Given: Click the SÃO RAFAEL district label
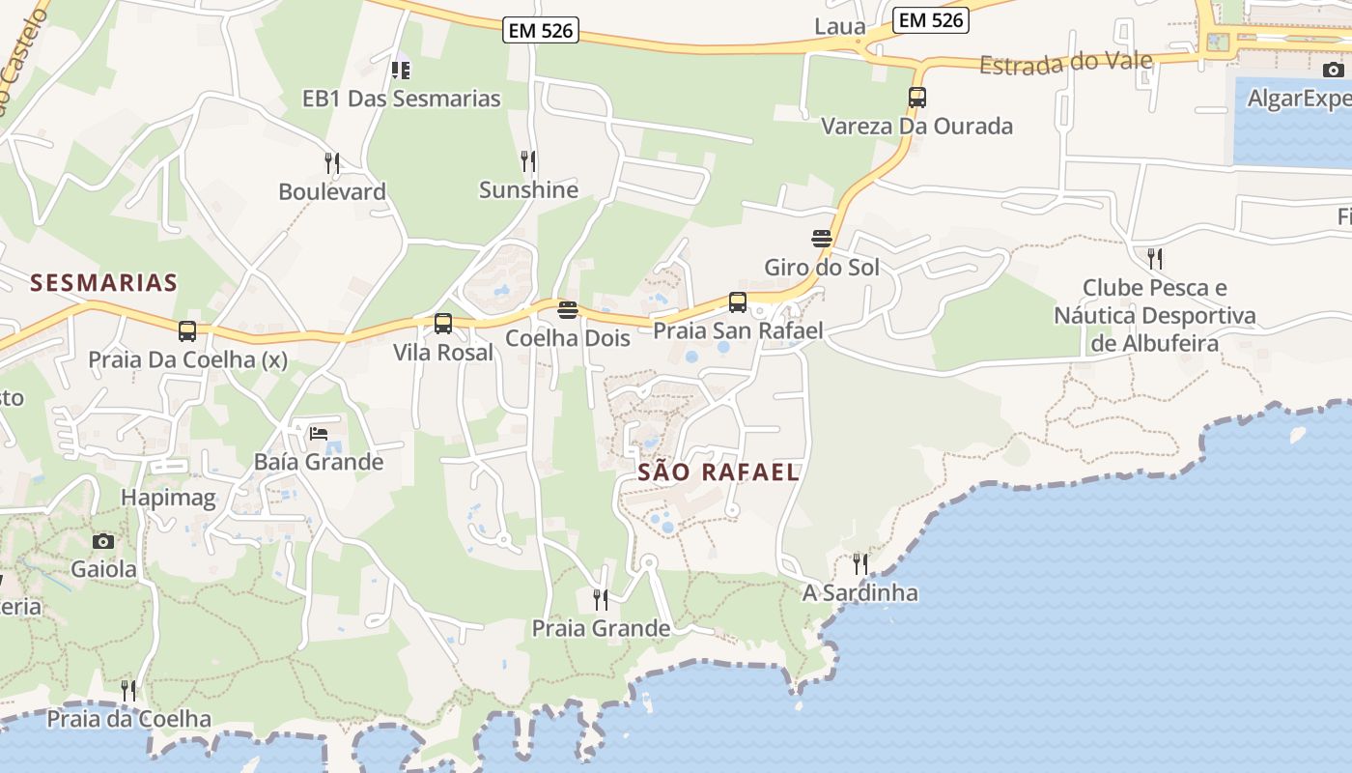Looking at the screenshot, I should click(x=718, y=472).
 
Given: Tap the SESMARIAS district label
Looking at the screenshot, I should click(x=103, y=283).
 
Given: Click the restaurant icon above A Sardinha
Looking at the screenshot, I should click(x=859, y=563).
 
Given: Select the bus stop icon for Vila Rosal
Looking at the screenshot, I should click(x=443, y=324).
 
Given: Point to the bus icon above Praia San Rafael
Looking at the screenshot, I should click(x=738, y=302).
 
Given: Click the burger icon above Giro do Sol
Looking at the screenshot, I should click(x=822, y=239).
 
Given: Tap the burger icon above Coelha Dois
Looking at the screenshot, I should click(x=568, y=310).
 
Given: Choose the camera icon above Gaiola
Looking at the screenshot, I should click(x=103, y=541).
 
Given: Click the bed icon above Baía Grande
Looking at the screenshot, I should click(x=319, y=433).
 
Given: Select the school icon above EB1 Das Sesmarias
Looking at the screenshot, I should click(x=401, y=70).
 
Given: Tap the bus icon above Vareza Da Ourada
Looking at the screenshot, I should click(x=916, y=98).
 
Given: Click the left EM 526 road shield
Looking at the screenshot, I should click(x=541, y=31).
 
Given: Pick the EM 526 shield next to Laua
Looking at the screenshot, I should click(x=930, y=19).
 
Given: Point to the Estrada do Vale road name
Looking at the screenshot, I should click(x=1066, y=64).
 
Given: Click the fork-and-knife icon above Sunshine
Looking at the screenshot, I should click(x=528, y=160).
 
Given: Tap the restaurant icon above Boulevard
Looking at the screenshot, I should click(x=332, y=162).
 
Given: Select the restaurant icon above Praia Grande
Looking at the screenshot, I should click(x=601, y=600).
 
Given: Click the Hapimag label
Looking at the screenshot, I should click(x=168, y=498).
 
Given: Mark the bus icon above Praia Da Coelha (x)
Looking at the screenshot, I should click(x=187, y=331).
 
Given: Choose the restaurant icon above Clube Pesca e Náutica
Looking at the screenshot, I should click(x=1154, y=258).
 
